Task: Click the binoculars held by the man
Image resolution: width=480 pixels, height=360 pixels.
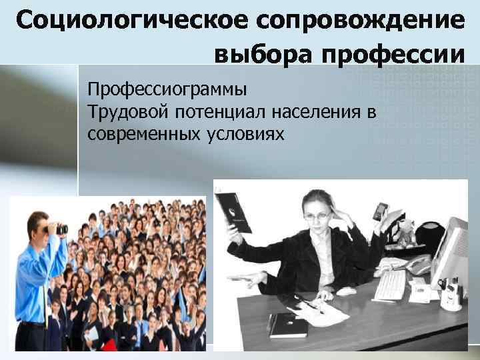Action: pyautogui.click(x=56, y=228)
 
